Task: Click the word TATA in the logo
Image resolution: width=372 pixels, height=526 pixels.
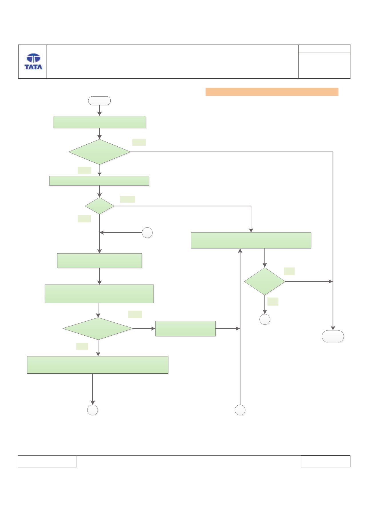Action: coord(33,67)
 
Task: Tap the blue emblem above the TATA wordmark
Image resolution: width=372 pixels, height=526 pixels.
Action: coord(33,58)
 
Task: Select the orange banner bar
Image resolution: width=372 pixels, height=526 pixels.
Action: coord(272,92)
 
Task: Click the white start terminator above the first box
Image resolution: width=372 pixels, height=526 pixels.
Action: coord(100,101)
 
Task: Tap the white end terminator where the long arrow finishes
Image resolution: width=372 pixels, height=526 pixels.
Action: coord(333,336)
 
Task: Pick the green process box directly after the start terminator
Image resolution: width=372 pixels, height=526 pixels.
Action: coord(100,122)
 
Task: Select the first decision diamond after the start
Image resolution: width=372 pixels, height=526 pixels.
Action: coord(100,152)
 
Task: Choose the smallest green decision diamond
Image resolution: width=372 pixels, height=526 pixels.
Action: coord(100,206)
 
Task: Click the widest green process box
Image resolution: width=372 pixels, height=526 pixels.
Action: coord(98,365)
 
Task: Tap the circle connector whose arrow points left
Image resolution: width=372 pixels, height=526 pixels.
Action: coord(147,233)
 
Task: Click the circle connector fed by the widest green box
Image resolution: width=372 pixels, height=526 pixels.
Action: coord(93,410)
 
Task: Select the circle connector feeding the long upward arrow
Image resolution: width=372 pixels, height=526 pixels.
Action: coord(240,410)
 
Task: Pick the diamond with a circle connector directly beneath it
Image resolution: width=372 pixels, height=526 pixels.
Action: coord(265,281)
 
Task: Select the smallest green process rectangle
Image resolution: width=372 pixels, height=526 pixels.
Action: coord(185,329)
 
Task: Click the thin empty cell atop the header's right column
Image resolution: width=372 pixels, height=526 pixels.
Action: coord(324,49)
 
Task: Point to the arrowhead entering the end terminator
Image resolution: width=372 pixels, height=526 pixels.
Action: coord(333,328)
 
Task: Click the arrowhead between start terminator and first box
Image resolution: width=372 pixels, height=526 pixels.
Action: coord(100,114)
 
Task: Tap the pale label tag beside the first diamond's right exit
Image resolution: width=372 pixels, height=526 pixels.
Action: coord(139,142)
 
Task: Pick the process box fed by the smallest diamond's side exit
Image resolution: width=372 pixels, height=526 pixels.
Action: coord(251,240)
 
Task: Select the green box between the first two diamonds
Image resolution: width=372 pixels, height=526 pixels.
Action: coord(99,181)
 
